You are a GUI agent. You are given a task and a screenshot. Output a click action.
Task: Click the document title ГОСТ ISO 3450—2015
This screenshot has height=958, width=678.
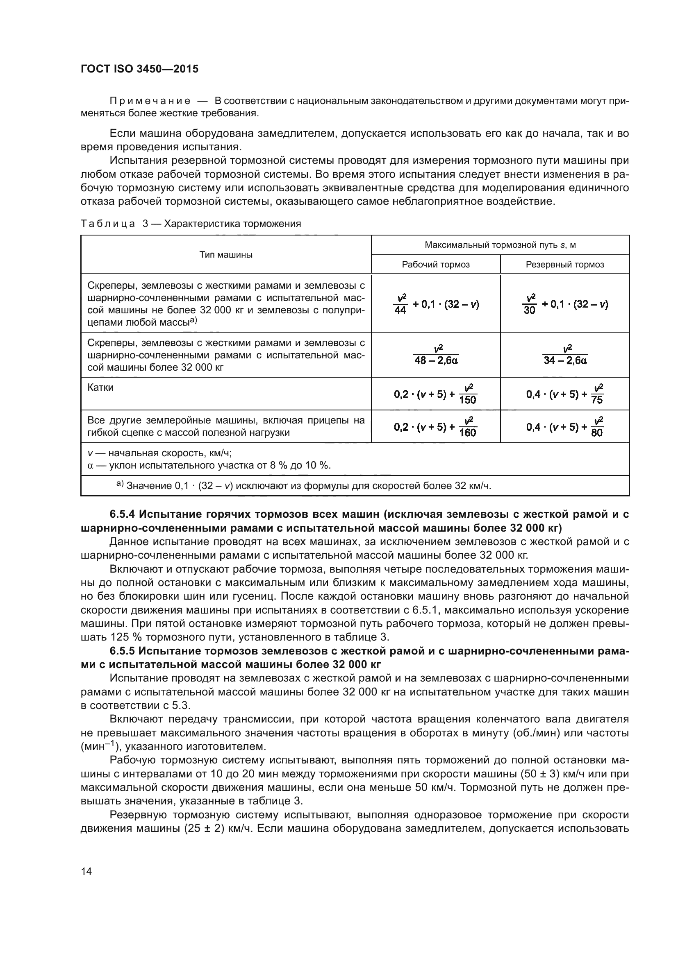coord(139,69)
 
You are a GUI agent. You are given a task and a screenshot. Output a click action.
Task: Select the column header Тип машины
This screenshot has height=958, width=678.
coord(226,254)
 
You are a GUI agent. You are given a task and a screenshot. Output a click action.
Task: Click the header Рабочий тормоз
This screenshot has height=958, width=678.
coord(435,265)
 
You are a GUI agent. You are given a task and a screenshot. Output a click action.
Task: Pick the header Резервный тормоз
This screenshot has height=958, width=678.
coord(564,265)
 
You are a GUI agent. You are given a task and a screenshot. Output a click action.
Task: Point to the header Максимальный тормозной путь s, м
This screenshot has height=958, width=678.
coord(500,245)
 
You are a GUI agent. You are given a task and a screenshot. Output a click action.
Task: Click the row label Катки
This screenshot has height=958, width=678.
coord(100,387)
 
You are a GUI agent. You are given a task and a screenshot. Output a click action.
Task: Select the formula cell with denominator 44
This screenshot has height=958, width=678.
coord(435,304)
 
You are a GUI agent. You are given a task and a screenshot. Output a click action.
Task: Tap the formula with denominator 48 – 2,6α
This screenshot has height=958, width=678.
coord(435,355)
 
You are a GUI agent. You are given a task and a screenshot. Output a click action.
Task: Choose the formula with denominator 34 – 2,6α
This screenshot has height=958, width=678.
coord(565,355)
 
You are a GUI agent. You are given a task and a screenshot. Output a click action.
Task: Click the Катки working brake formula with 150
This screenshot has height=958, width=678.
coord(435,394)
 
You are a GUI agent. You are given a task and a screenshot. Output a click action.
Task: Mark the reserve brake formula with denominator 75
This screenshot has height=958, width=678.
coord(565,394)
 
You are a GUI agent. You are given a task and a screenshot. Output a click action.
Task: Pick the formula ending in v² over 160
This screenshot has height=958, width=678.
coord(435,426)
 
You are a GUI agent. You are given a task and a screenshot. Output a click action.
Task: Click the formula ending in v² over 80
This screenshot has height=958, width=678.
coord(565,426)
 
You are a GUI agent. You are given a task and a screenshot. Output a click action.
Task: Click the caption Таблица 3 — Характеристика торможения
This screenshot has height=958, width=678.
coord(191,224)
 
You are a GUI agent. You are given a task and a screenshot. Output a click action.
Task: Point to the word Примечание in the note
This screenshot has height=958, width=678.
coord(150,101)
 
